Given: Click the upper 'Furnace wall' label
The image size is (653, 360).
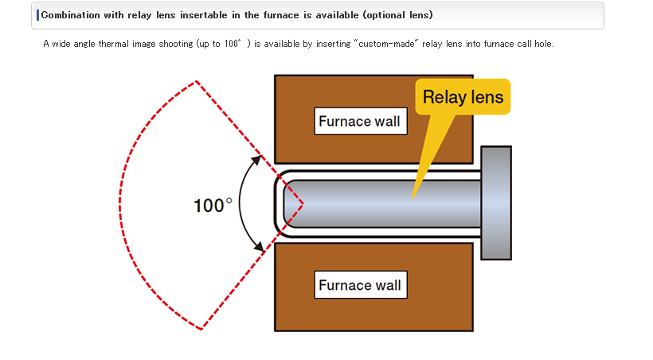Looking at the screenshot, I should tap(359, 121).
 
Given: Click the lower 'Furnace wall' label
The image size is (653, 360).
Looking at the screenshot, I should tap(359, 284).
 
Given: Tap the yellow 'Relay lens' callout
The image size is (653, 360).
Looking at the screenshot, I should tap(463, 97).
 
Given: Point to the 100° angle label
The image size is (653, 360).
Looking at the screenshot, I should tap(213, 205).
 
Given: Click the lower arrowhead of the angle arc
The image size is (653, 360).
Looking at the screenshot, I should tap(260, 248).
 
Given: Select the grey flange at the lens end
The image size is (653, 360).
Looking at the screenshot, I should tap(496, 202).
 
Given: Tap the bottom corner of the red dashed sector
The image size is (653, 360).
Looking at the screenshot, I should tap(201, 328).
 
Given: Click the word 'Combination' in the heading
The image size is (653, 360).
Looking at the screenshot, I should tap(68, 15).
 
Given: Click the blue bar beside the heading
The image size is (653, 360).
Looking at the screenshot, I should tap(37, 15).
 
